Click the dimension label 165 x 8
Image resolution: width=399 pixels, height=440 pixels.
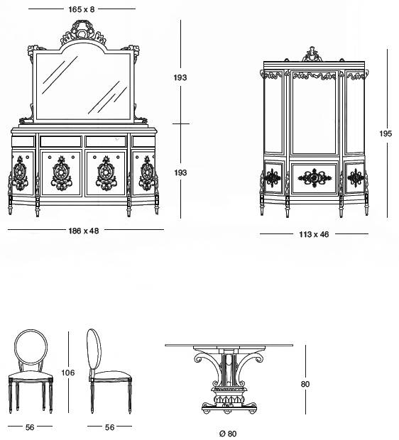pos(82,9)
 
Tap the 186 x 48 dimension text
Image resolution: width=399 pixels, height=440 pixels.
pos(84,231)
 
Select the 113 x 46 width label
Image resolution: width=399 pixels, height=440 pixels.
pos(314,234)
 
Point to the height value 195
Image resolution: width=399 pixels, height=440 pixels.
pos(386,133)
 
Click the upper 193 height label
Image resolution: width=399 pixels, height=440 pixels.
pos(180,77)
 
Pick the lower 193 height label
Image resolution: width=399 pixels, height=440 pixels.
pos(180,172)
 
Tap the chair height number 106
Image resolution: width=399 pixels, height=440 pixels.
pos(68,373)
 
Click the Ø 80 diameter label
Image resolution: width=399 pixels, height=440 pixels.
pos(228,434)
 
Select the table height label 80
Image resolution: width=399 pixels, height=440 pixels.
pos(305,384)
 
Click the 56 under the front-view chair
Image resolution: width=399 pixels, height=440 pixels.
pos(30,427)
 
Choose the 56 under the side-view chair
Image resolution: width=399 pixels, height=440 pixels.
pos(110,427)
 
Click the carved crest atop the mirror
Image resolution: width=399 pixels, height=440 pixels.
pos(83,32)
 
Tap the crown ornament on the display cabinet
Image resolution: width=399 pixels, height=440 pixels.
pos(312,54)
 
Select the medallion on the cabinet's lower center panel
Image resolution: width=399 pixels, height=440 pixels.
pos(315,177)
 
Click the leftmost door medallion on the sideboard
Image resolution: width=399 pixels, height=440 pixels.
pos(20,173)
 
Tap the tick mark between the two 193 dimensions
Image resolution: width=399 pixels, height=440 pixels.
pos(180,123)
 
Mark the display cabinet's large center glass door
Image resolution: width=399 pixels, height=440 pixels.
pos(314,113)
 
